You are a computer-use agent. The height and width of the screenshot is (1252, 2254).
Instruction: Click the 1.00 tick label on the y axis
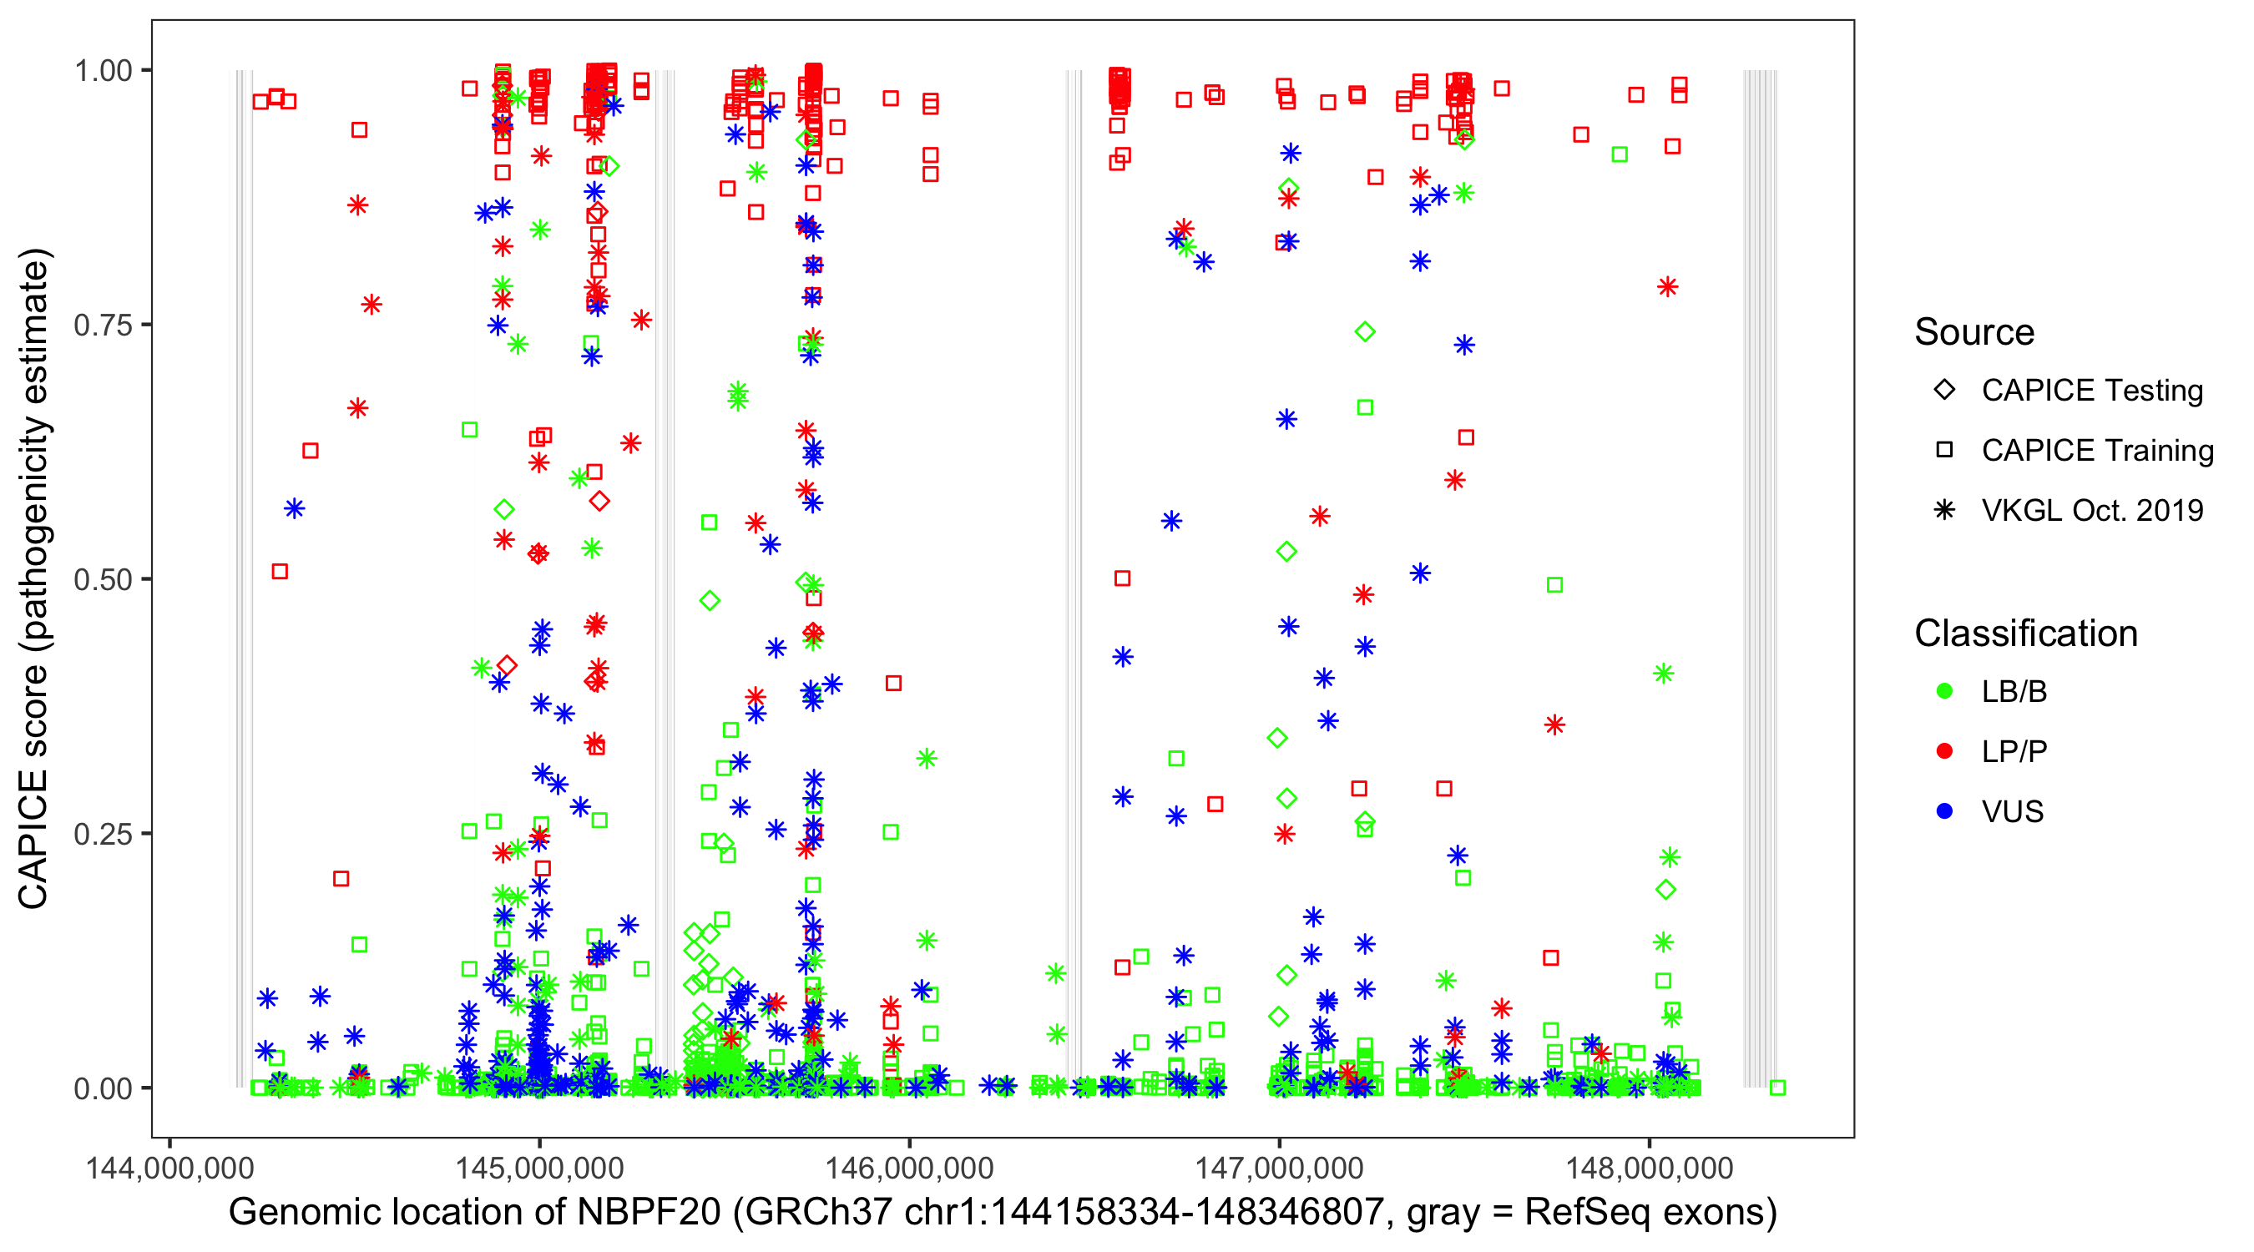pos(102,71)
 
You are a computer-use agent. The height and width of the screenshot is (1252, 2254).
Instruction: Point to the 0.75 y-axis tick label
pos(102,326)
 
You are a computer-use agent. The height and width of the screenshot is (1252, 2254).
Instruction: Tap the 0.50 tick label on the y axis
pos(102,580)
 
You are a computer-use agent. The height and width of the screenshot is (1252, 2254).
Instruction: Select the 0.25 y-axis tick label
pos(102,834)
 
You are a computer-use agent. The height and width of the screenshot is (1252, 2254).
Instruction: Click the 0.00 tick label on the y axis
pos(102,1088)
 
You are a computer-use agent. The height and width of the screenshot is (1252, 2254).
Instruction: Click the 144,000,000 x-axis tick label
pos(169,1168)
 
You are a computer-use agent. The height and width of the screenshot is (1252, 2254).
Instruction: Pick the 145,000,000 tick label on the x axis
pos(539,1168)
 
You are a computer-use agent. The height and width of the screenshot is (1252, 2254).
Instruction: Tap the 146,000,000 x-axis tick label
pos(909,1168)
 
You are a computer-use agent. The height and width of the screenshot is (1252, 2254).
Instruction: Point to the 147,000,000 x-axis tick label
pos(1279,1168)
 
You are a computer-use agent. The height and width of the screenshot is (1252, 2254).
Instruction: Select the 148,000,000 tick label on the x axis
pos(1650,1168)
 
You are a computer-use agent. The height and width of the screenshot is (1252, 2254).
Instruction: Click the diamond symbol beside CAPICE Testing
pos(1944,391)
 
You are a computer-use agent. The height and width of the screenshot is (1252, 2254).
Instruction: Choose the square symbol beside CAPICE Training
pos(1944,450)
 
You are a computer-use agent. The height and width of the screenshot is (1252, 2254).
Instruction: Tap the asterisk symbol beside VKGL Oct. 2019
pos(1944,510)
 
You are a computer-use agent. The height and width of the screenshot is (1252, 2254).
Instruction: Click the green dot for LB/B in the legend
pos(1944,691)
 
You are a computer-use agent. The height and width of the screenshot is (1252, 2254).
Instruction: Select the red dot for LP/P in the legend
pos(1944,751)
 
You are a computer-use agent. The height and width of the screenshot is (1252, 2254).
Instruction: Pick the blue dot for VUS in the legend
pos(1944,811)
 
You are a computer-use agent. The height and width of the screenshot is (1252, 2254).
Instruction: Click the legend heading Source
pos(1974,332)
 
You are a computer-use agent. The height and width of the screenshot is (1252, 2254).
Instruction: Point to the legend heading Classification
pos(2025,634)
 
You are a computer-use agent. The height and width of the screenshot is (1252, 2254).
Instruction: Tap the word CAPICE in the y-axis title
pos(33,840)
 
